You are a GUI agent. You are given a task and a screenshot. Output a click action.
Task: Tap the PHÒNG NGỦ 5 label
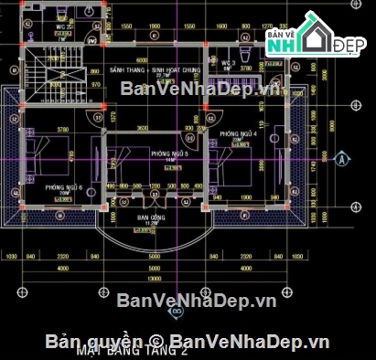[x=170, y=154]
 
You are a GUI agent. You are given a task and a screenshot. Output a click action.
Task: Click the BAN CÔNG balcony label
[x=150, y=218]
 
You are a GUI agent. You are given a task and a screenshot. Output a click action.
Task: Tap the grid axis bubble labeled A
[x=341, y=157]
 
